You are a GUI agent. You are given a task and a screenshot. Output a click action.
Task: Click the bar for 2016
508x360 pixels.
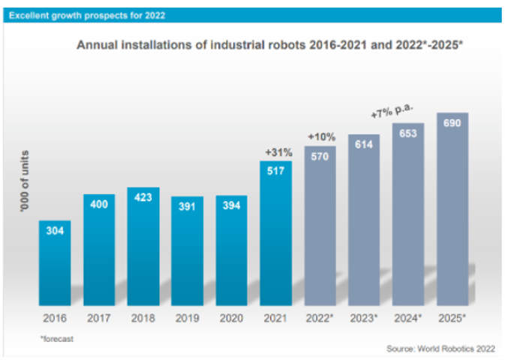point(55,262)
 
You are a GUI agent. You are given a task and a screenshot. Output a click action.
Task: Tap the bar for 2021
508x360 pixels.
point(275,232)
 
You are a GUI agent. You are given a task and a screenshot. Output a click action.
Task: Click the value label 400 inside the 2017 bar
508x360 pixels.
point(99,205)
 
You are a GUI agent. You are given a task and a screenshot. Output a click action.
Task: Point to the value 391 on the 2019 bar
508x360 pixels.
point(187,208)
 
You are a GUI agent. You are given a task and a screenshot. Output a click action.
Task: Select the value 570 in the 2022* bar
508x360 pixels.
point(320,157)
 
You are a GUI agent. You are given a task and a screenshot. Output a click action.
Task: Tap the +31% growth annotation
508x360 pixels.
point(276,152)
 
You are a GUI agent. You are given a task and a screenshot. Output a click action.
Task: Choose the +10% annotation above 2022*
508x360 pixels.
point(320,137)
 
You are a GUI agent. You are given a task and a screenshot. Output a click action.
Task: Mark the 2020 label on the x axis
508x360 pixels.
point(231,318)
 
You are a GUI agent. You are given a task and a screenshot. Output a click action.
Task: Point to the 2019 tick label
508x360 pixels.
point(187,318)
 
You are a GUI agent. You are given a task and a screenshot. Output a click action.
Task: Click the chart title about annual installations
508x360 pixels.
point(270,45)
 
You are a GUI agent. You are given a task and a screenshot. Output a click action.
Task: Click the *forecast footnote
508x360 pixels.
point(56,339)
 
